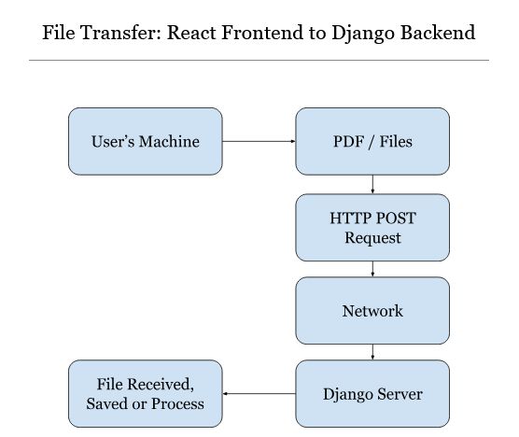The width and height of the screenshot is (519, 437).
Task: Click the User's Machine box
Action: point(146,141)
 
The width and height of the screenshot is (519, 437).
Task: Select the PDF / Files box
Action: point(372,141)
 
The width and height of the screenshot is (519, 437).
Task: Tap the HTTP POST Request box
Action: point(372,227)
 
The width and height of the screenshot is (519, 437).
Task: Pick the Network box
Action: point(372,310)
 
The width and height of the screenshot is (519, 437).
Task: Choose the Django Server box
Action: point(372,393)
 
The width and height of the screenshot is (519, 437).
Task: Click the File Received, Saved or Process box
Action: point(146,393)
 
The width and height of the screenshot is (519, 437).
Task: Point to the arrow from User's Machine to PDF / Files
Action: point(259,142)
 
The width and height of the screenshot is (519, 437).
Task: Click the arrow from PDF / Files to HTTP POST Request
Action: point(373,184)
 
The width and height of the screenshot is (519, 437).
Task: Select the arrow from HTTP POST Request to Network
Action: point(373,269)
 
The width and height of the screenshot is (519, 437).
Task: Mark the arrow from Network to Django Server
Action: point(373,352)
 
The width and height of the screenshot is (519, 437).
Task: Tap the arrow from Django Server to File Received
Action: point(259,394)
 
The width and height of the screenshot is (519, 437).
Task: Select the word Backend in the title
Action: point(440,33)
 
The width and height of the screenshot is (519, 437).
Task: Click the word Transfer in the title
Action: point(114,33)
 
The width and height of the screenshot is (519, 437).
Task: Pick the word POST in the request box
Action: point(396,218)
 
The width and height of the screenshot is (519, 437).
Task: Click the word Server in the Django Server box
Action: point(398,394)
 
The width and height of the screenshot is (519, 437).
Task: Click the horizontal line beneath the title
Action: point(259,61)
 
